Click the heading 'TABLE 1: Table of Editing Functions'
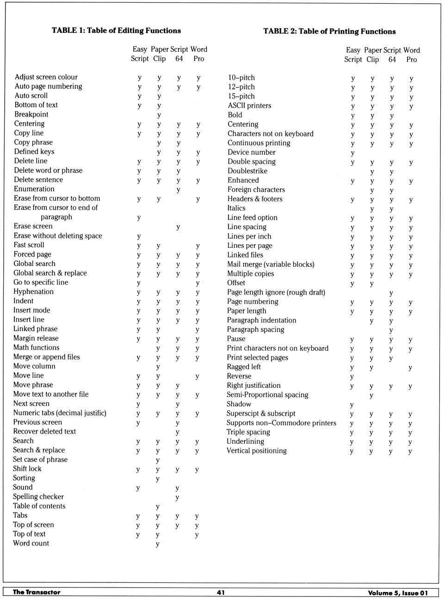(x=116, y=31)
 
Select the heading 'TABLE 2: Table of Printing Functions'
(x=329, y=31)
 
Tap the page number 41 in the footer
(x=221, y=593)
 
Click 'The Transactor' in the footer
(x=37, y=592)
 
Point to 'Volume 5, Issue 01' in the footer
(x=398, y=593)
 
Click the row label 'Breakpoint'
(x=31, y=114)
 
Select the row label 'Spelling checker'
(x=38, y=496)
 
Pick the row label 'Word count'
(x=31, y=543)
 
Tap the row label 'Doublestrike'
(x=247, y=171)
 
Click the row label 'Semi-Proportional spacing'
(x=267, y=395)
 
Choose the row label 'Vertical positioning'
(x=257, y=451)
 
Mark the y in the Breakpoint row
(x=159, y=115)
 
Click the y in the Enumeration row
(x=178, y=190)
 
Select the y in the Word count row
(x=158, y=544)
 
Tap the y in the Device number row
(x=352, y=153)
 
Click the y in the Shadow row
(x=351, y=405)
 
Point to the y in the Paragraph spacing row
(x=391, y=330)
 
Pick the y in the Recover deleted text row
(x=178, y=432)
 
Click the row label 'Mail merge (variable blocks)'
(x=271, y=264)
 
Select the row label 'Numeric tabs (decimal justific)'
(x=60, y=413)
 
